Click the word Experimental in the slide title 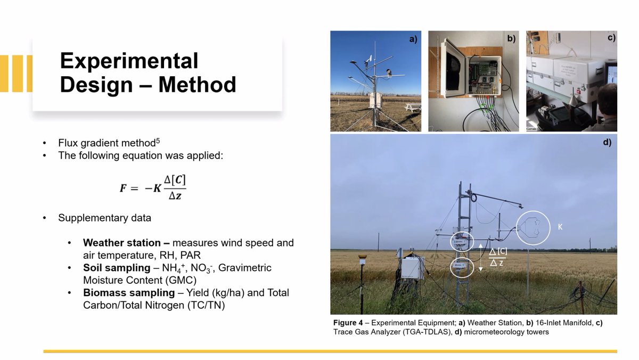click(x=129, y=61)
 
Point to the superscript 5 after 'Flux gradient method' click(x=158, y=141)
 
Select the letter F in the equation click(x=123, y=187)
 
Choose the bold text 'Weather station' click(x=122, y=243)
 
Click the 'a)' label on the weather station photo click(x=413, y=38)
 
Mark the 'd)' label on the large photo click(x=607, y=142)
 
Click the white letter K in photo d click(x=560, y=226)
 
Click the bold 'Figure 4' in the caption click(x=348, y=323)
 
